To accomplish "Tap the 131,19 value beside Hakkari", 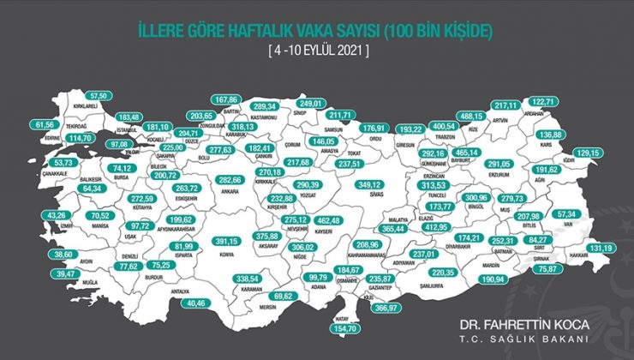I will click(602, 249).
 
